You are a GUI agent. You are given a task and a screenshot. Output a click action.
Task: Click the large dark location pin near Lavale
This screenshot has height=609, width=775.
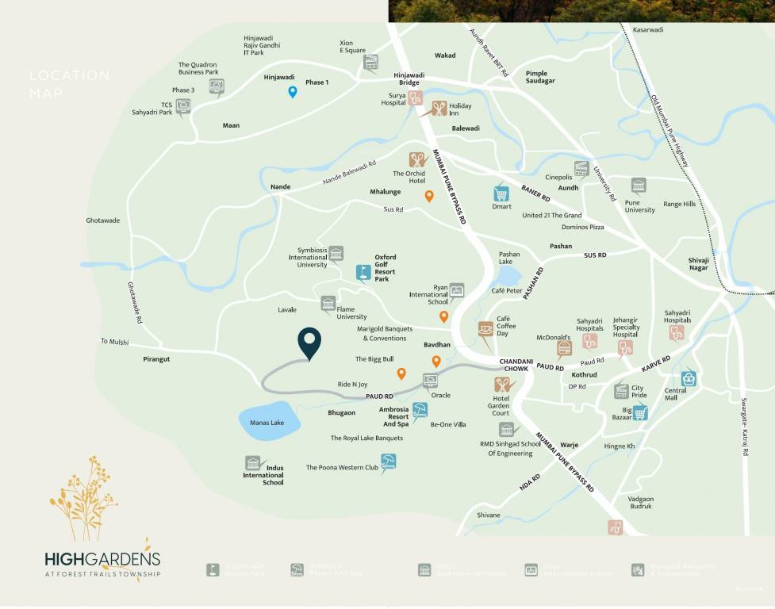click(x=309, y=342)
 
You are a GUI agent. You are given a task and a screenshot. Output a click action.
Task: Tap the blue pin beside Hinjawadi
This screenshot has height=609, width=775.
click(x=293, y=92)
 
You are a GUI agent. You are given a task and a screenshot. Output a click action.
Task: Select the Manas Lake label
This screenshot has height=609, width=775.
click(x=267, y=423)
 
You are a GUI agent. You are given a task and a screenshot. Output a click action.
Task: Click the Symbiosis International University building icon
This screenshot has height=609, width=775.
click(x=336, y=253)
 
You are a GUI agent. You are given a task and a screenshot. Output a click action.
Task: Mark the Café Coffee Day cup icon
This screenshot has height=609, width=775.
click(x=485, y=328)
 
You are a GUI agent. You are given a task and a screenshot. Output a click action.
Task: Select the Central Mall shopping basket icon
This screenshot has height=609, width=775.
click(x=689, y=378)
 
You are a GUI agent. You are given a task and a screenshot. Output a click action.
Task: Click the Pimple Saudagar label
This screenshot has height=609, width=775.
click(x=540, y=77)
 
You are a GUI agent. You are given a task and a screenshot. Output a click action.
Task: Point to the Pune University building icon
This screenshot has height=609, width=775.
click(x=639, y=186)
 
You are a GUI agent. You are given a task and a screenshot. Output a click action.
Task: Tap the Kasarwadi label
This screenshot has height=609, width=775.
click(x=647, y=29)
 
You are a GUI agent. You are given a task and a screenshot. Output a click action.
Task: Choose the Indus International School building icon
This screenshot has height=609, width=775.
click(x=252, y=463)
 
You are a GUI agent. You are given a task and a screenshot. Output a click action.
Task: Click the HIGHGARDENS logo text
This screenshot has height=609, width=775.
click(x=102, y=559)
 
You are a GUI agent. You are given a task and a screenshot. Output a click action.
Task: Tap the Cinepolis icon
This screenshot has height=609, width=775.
click(x=581, y=168)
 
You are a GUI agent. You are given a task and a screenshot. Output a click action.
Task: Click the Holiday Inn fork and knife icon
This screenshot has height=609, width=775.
click(x=439, y=109)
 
